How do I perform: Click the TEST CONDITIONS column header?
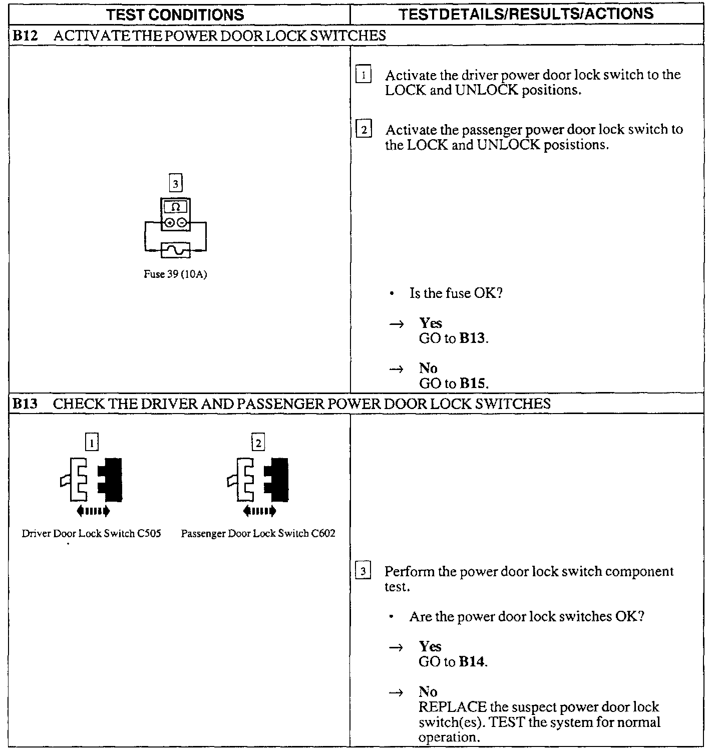175,15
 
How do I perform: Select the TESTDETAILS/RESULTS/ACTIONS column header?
526,14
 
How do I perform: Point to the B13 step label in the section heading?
25,404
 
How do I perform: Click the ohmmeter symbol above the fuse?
176,214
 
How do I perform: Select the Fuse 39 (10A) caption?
175,274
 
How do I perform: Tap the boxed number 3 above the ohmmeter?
175,184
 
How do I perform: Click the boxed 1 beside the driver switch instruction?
364,76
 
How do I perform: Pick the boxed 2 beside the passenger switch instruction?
364,130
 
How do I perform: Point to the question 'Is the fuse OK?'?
456,293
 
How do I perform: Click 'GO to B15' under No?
453,384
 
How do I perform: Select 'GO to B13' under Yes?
453,338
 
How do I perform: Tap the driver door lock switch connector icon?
92,479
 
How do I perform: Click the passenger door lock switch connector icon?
258,479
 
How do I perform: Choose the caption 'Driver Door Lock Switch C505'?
91,534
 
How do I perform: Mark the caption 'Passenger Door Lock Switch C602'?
258,534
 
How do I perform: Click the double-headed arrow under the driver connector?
92,511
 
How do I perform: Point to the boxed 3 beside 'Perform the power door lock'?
363,571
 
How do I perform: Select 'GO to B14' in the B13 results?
453,662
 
